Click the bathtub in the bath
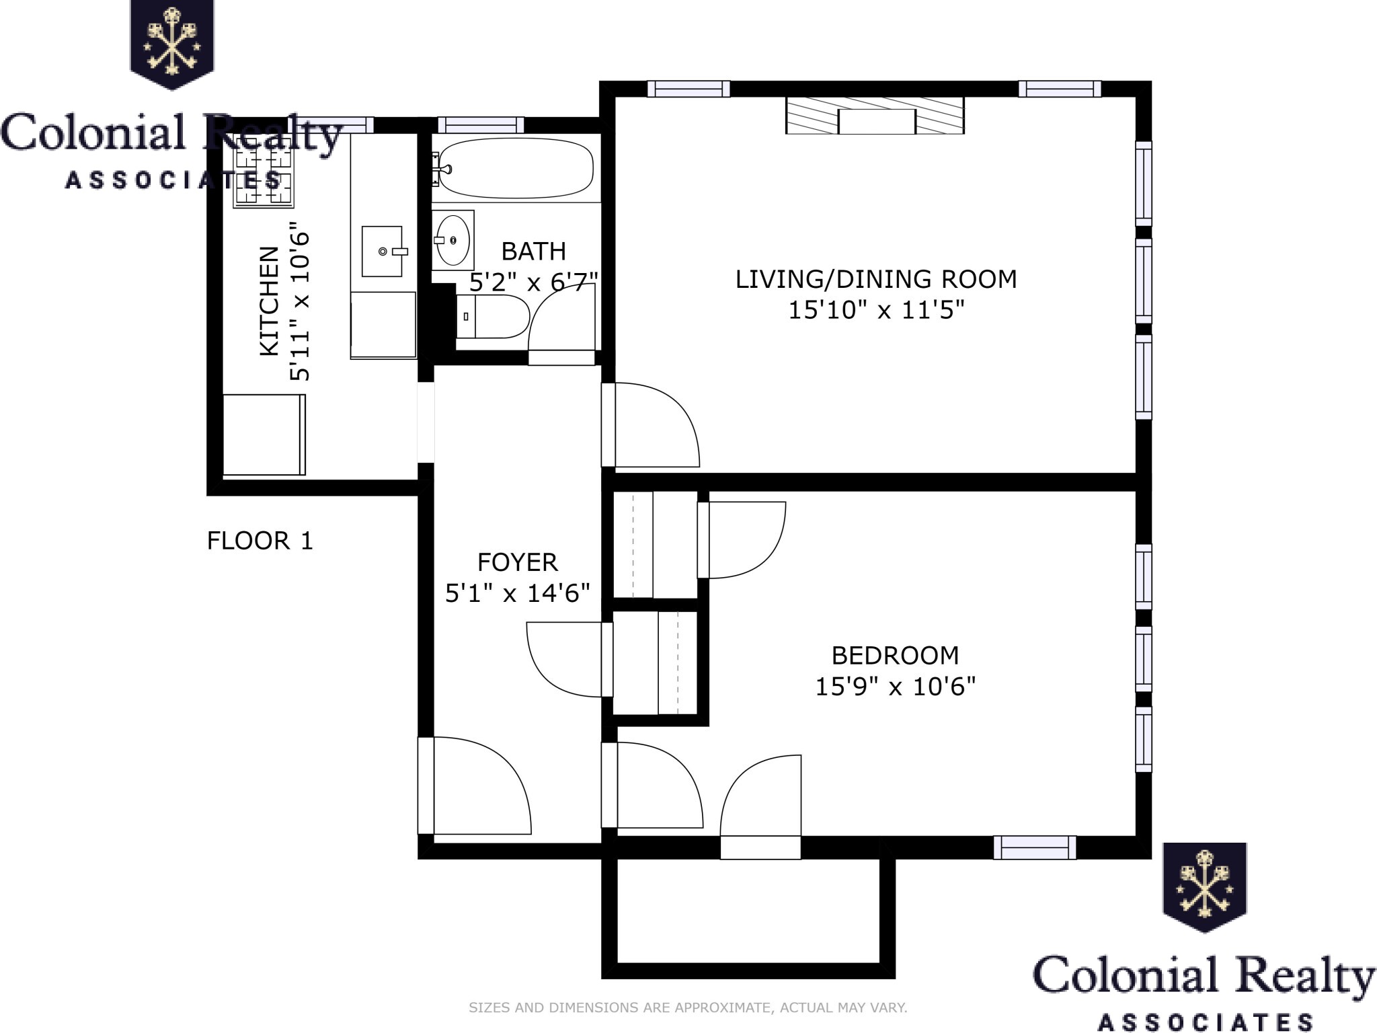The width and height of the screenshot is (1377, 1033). [513, 168]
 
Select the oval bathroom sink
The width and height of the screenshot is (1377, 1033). [453, 240]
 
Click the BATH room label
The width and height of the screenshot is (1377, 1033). [534, 252]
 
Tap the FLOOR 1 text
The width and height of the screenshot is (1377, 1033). [260, 541]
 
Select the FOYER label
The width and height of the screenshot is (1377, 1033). [518, 562]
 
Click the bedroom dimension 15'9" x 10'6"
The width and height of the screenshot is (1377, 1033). [895, 687]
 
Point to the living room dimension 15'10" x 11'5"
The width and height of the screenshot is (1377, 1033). [876, 310]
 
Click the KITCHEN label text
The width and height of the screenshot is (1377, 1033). [269, 301]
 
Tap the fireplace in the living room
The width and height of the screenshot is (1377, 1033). [875, 115]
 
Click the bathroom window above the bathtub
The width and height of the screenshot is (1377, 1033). [480, 124]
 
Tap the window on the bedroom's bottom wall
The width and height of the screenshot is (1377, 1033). [1035, 847]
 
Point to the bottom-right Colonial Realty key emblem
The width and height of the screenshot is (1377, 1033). [1204, 887]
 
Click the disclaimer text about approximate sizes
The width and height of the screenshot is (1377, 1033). [688, 1007]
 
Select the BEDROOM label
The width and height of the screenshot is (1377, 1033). [895, 655]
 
